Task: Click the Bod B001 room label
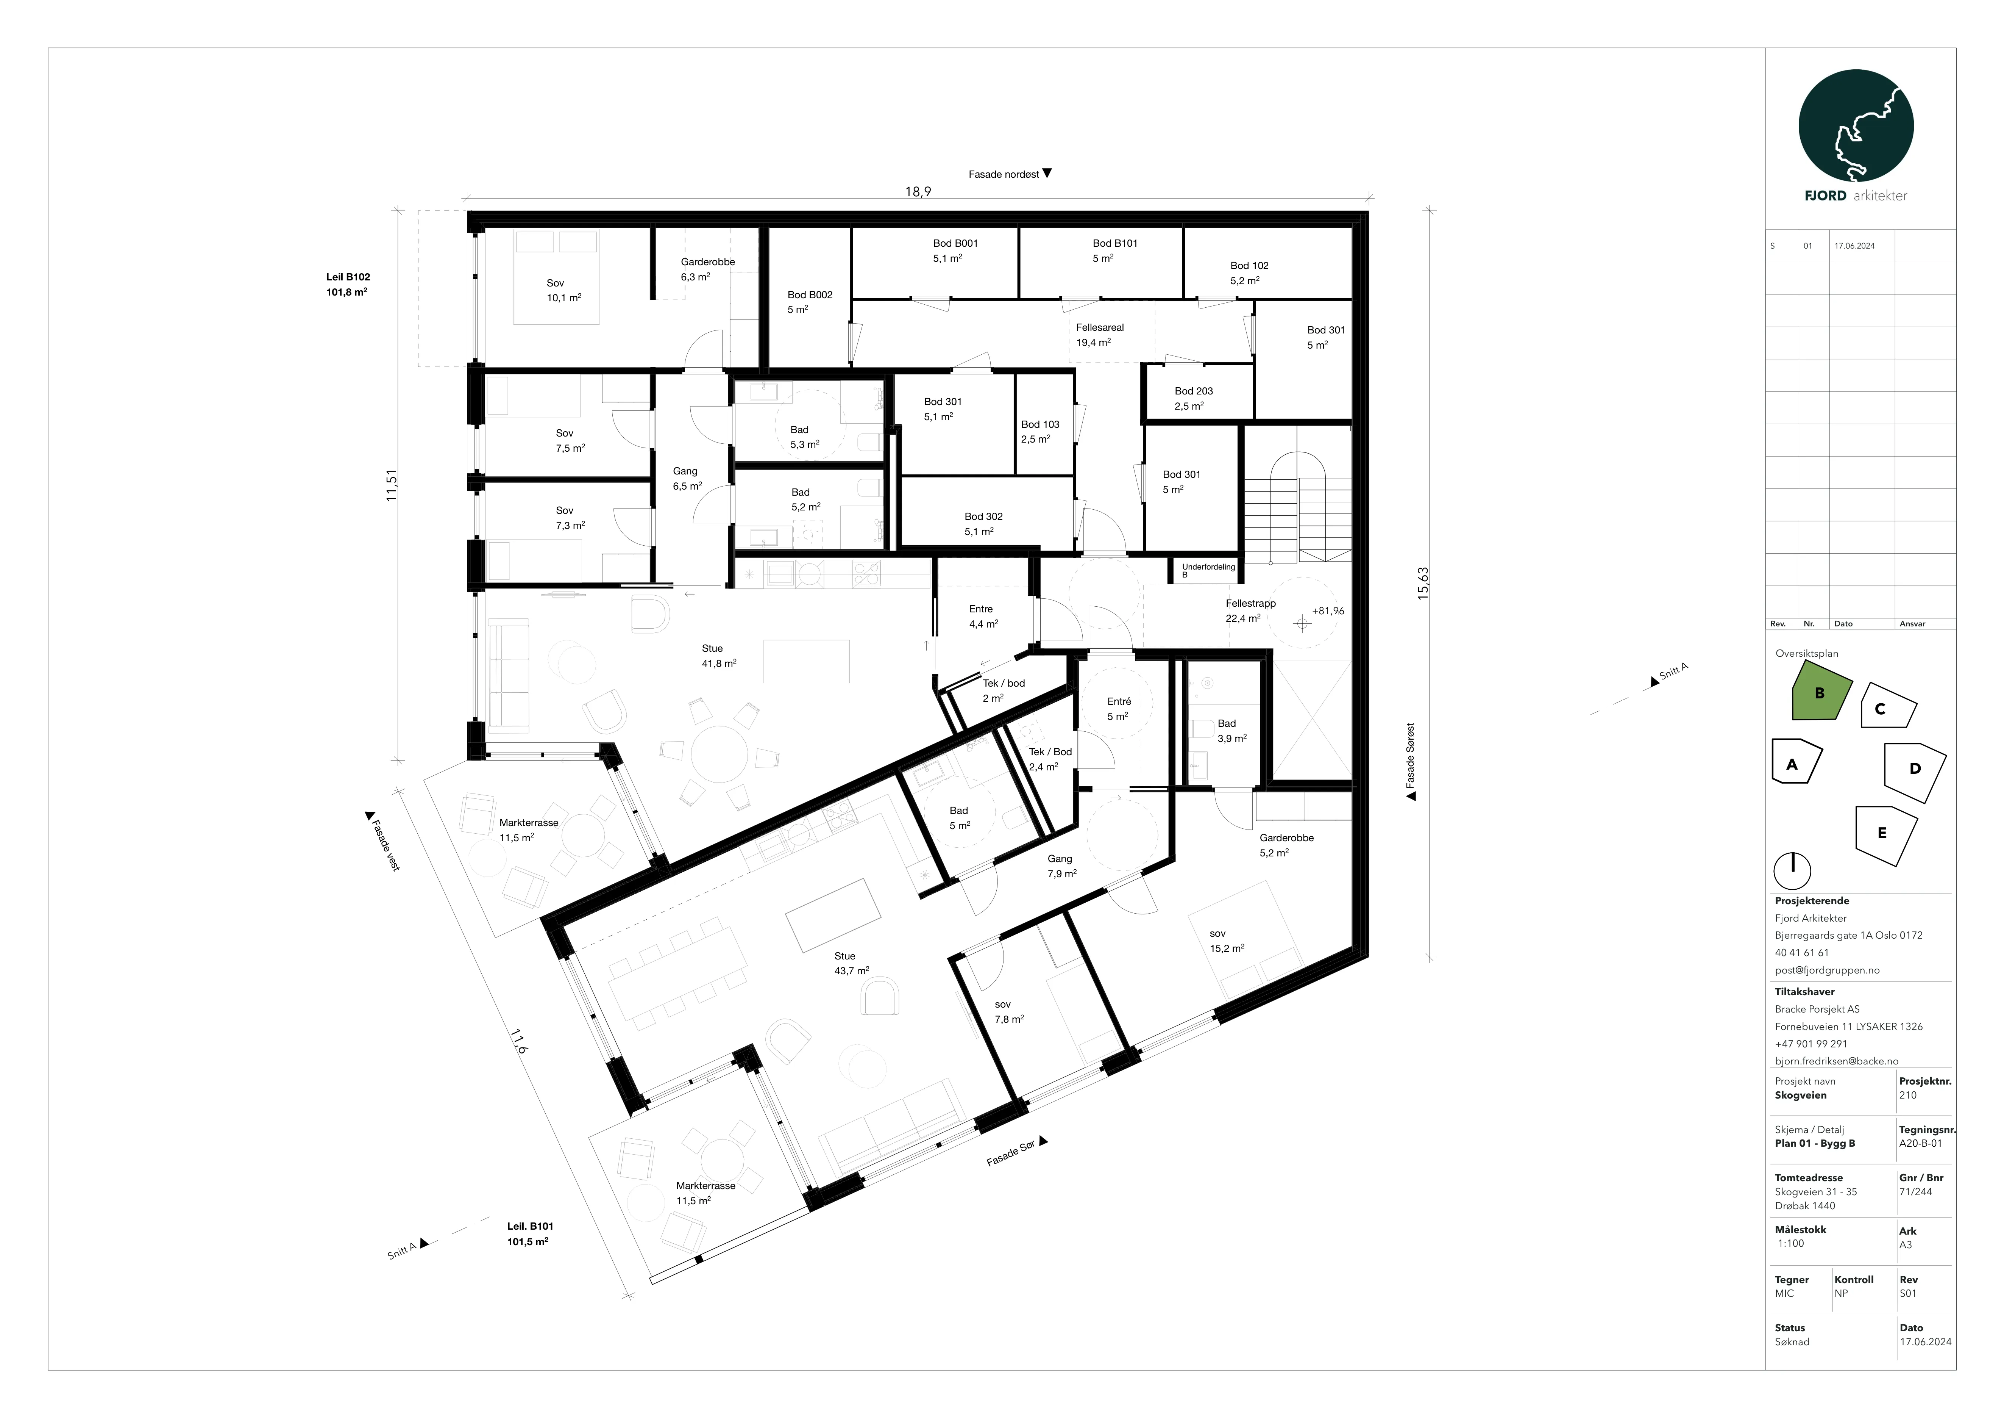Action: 955,250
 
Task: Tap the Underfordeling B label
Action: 1208,570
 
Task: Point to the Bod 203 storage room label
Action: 1193,398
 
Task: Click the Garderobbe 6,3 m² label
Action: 708,269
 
